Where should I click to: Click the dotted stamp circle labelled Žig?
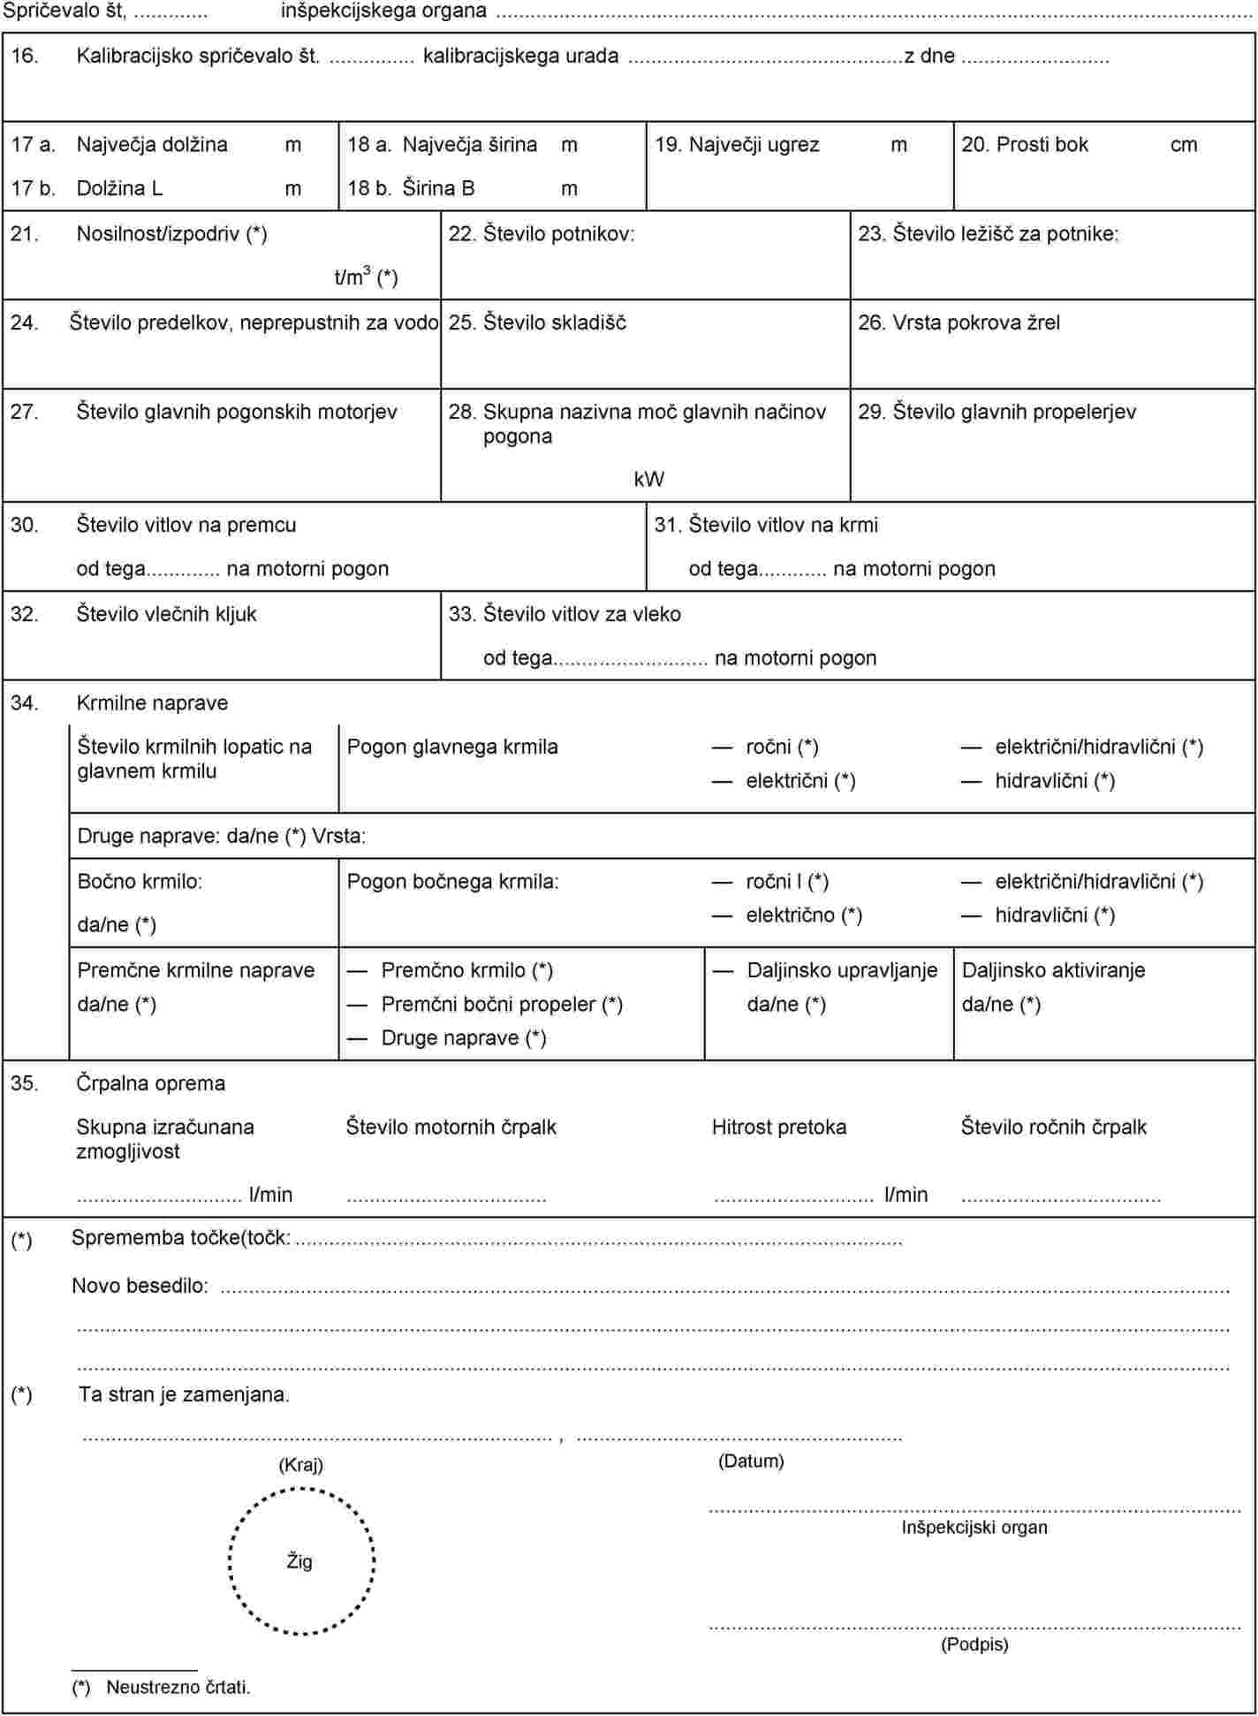[x=301, y=1560]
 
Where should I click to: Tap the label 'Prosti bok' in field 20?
[x=1042, y=145]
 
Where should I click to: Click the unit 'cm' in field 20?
[x=1183, y=145]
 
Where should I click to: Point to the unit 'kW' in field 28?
[x=648, y=480]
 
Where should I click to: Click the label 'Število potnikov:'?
[x=558, y=234]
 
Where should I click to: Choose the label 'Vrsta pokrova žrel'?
[x=975, y=323]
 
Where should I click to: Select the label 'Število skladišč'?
[x=554, y=323]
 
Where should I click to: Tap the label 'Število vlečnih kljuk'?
[x=166, y=614]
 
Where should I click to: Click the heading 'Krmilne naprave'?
[x=152, y=703]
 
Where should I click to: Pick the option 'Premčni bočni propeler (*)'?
[x=502, y=1005]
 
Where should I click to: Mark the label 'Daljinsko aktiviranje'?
[x=1053, y=970]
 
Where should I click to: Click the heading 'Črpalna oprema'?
[x=150, y=1083]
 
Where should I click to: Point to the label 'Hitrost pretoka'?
[x=778, y=1128]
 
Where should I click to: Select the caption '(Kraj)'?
[x=300, y=1465]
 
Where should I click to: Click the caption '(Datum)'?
[x=750, y=1462]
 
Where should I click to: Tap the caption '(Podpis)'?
[x=974, y=1644]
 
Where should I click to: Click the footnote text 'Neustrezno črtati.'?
[x=178, y=1687]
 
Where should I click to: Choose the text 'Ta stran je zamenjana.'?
[x=184, y=1395]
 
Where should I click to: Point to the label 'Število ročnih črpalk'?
[x=1053, y=1128]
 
